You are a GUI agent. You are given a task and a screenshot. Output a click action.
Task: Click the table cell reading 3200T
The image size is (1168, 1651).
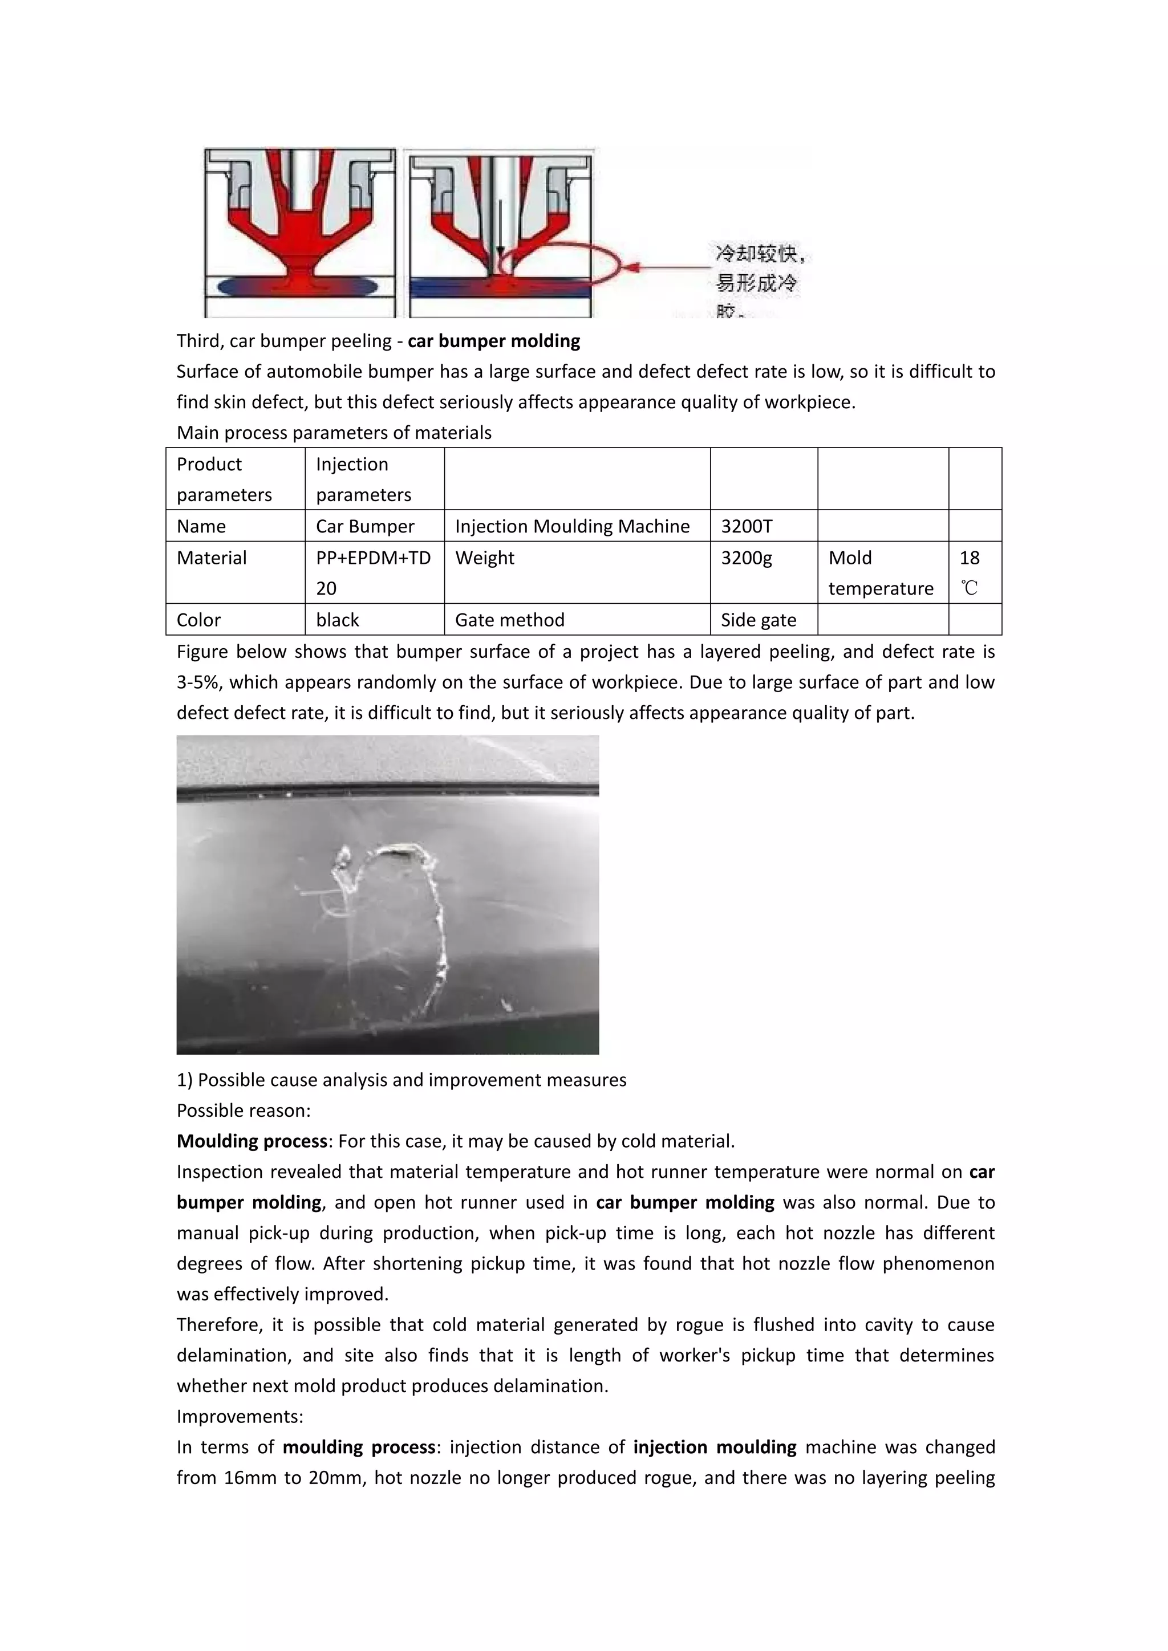(x=747, y=526)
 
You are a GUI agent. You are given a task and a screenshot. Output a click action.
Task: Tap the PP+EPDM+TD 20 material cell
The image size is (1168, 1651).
(x=374, y=572)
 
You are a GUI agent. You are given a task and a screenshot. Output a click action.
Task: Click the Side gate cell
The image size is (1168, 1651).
(x=758, y=620)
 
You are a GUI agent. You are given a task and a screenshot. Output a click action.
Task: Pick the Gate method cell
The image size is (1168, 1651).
(x=509, y=620)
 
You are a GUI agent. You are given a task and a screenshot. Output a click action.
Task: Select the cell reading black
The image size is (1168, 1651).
(x=337, y=620)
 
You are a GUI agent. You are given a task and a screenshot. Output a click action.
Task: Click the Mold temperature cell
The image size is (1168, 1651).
(x=881, y=572)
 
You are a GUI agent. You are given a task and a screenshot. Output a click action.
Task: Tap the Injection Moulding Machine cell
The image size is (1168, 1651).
(x=572, y=526)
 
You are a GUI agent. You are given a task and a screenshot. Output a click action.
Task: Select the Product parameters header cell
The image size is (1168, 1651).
(x=224, y=479)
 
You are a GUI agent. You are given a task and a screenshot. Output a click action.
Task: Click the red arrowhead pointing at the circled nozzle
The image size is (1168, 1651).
(x=631, y=267)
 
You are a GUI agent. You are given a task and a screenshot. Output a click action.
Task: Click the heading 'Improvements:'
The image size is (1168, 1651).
(x=240, y=1417)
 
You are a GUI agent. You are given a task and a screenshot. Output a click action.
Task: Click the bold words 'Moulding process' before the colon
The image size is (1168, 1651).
(x=252, y=1141)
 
